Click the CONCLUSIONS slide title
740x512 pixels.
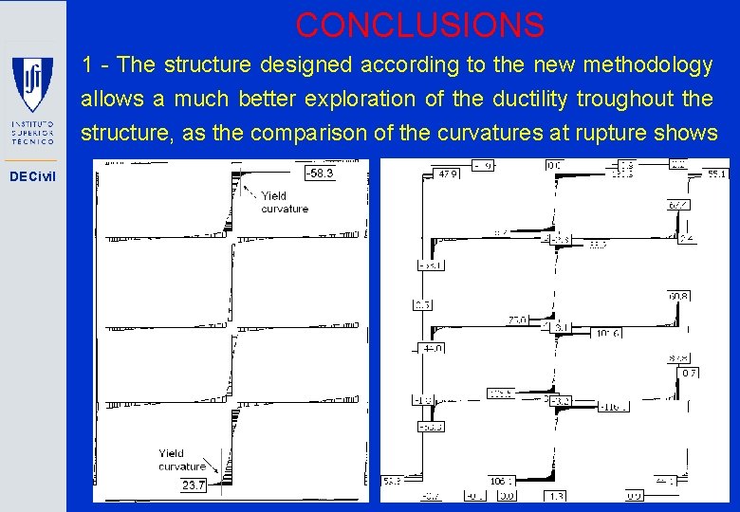(419, 25)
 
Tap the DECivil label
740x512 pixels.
(32, 176)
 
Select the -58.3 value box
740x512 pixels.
(320, 174)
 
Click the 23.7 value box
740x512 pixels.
(194, 485)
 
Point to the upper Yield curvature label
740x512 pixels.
(285, 202)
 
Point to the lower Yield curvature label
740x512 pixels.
(182, 460)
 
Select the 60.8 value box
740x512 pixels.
(678, 297)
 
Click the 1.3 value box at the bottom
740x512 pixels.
(556, 495)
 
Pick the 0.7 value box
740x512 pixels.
(689, 373)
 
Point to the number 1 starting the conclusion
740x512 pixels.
(86, 65)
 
